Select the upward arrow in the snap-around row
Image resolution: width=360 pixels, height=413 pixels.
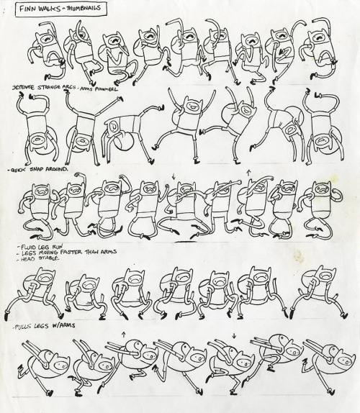coord(247,173)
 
